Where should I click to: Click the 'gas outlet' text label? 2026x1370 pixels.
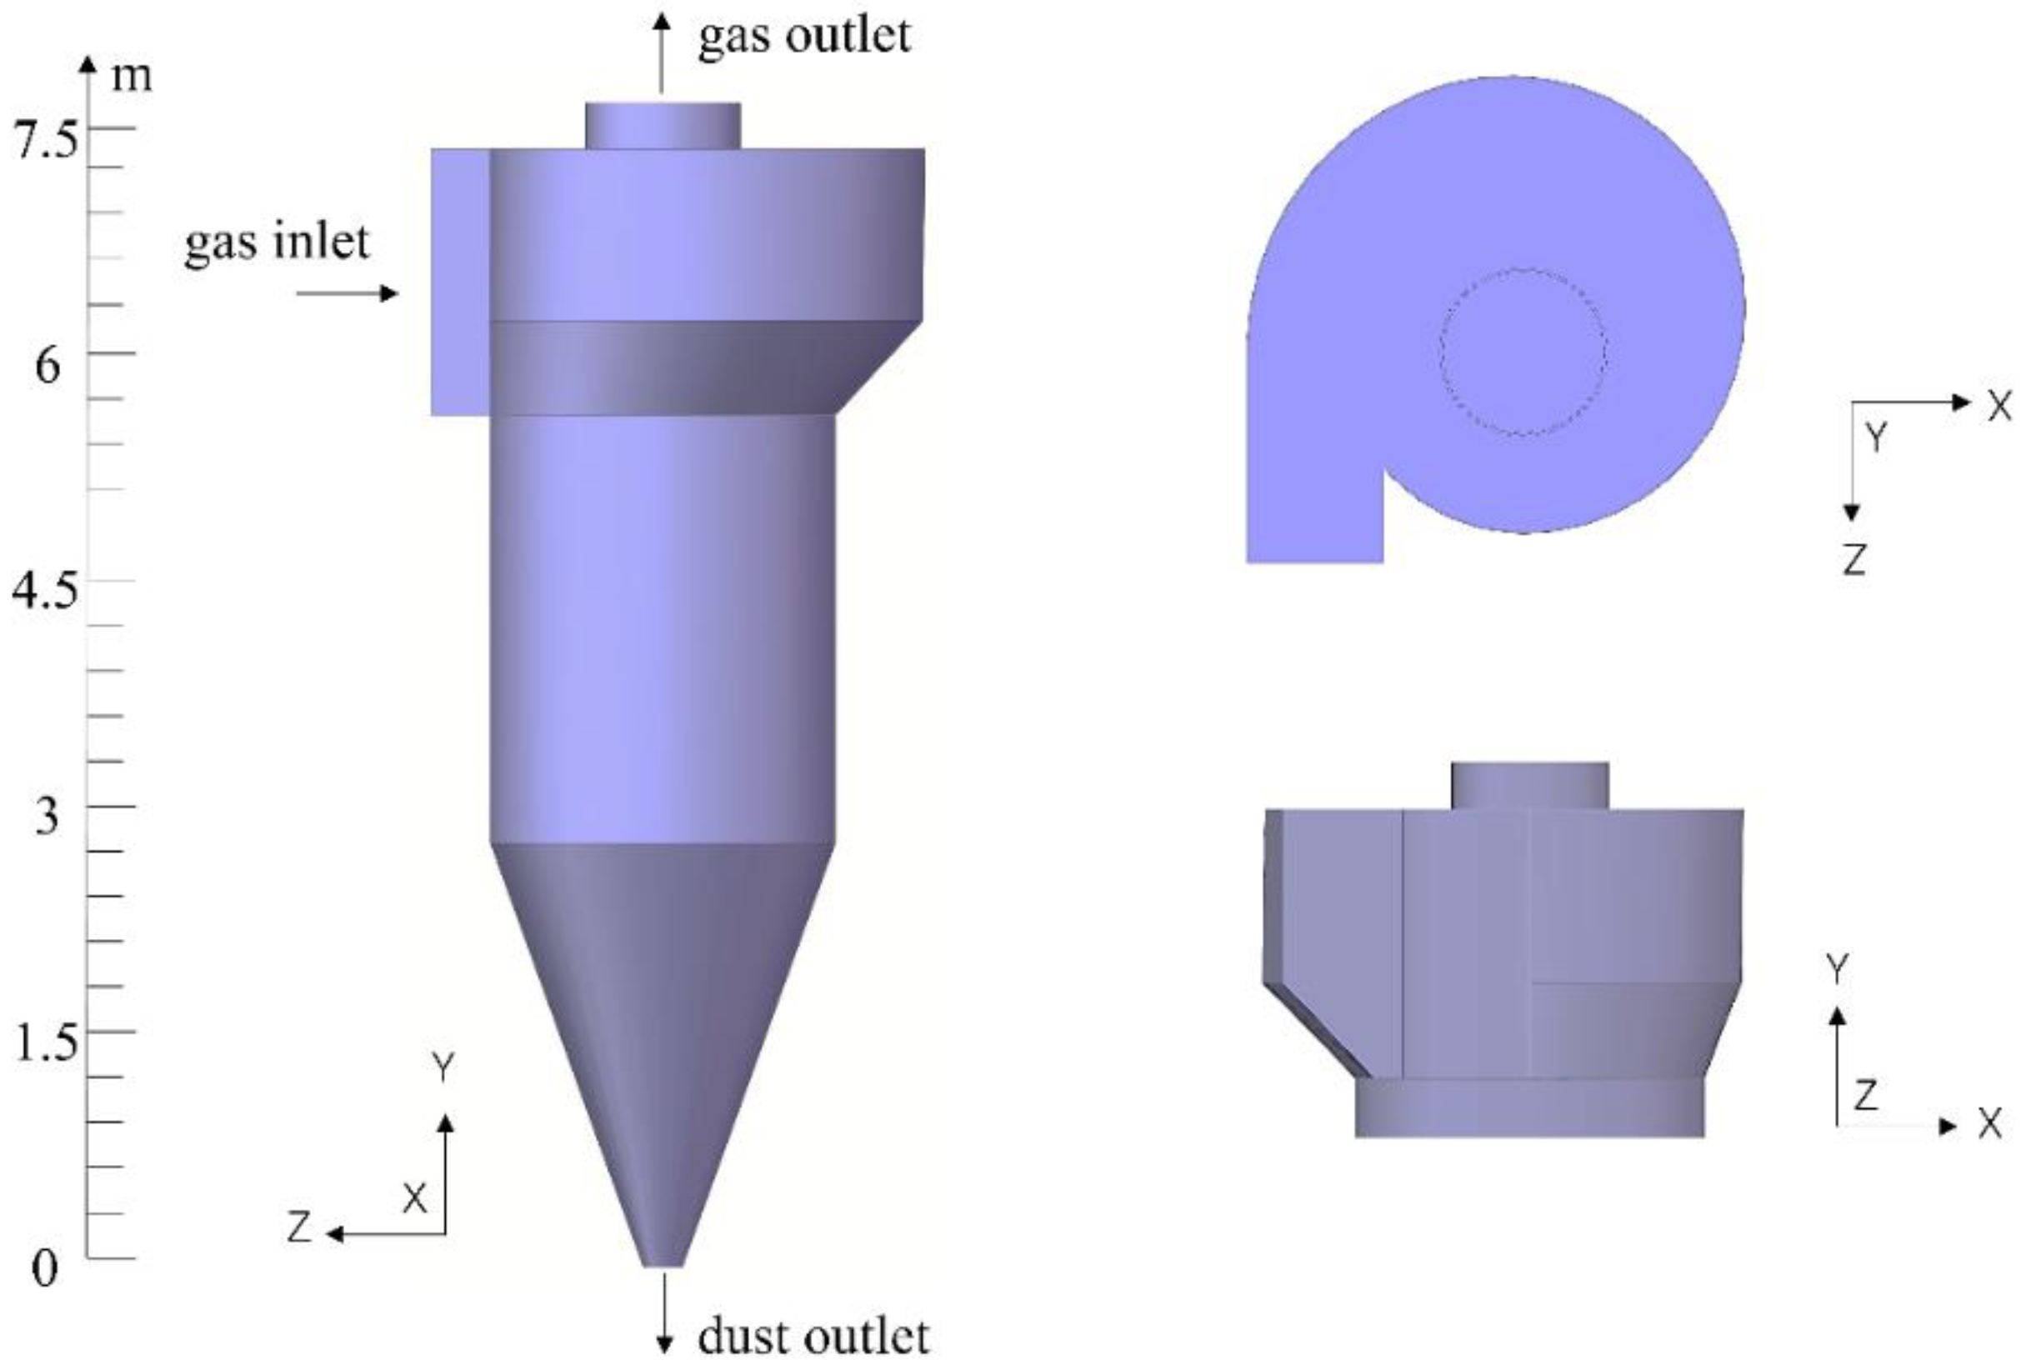tap(803, 37)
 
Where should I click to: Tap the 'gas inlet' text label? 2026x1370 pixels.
tap(278, 242)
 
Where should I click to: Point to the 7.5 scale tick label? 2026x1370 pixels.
tap(45, 139)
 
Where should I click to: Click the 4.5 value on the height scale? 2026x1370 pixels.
tap(44, 591)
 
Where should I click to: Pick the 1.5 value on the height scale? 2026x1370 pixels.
tap(46, 1042)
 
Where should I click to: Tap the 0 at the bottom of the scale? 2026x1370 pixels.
tap(44, 1268)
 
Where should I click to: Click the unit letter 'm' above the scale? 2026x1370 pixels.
tap(132, 77)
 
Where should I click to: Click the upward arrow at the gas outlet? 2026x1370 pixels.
tap(663, 52)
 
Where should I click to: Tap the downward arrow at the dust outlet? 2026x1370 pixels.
tap(664, 1312)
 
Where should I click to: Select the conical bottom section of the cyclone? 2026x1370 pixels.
tap(663, 1002)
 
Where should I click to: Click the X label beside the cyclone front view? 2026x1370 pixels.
tap(415, 1199)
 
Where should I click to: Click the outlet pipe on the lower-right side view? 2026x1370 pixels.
tap(1529, 786)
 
